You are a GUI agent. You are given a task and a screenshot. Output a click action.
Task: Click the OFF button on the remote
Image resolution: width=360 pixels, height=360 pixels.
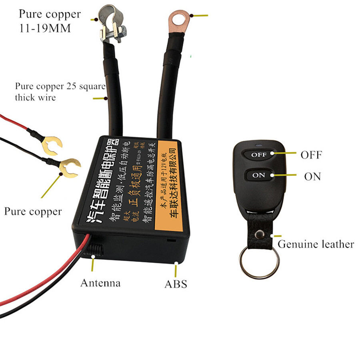coord(259,154)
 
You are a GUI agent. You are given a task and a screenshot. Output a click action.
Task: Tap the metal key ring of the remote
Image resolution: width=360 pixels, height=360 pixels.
coord(259,262)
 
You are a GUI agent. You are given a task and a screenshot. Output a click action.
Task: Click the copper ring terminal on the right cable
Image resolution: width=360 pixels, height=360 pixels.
coord(178,20)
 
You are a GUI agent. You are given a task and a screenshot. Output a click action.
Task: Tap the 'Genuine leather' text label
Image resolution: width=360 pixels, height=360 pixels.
coord(316,244)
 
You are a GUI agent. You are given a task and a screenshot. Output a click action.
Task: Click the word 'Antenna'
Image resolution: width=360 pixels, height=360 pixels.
coord(100,283)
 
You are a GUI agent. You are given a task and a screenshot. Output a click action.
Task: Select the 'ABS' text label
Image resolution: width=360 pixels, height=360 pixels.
coord(176,284)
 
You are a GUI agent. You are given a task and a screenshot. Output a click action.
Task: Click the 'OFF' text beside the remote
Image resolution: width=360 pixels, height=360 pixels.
coord(311,155)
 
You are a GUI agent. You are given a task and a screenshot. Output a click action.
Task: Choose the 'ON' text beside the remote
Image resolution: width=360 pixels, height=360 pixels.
coord(312,176)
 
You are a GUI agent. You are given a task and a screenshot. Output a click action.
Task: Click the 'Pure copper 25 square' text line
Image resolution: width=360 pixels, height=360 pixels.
coord(60,86)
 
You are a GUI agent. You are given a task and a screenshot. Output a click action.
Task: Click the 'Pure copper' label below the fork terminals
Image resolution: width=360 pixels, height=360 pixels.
coord(33,211)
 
